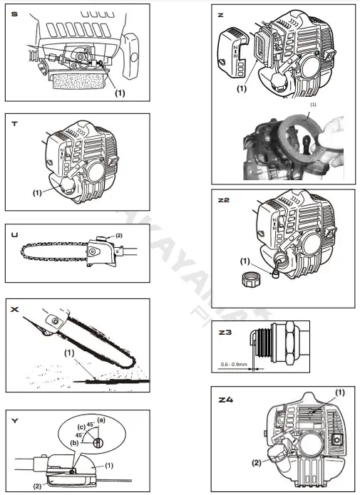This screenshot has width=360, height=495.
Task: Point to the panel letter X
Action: point(15,310)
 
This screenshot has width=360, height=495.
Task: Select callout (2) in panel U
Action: point(118,234)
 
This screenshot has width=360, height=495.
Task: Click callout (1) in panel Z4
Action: point(339,392)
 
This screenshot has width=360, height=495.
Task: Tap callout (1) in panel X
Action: point(70,352)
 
